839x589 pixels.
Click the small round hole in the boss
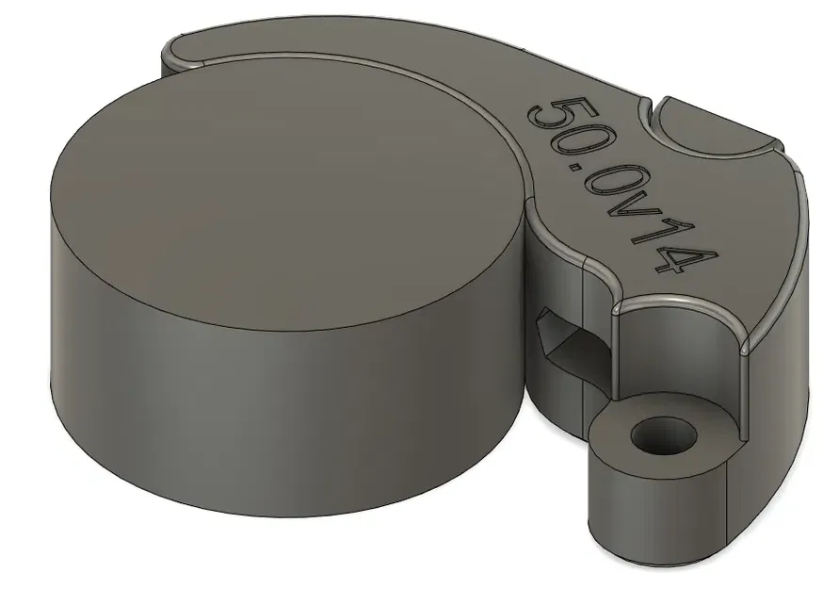[662, 436]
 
